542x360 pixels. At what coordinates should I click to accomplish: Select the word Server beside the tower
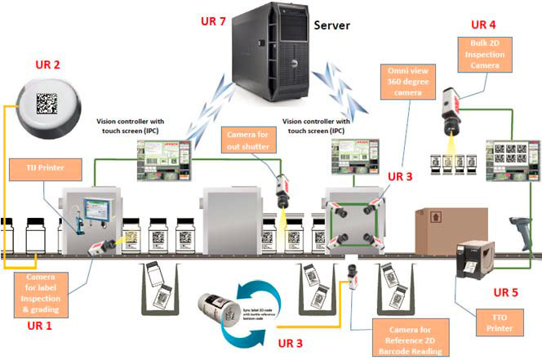pyautogui.click(x=331, y=24)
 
